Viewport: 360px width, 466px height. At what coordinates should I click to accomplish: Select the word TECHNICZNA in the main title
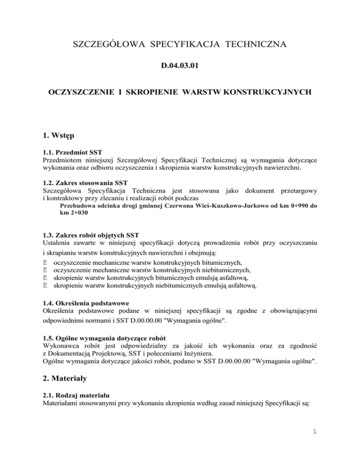256,45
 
